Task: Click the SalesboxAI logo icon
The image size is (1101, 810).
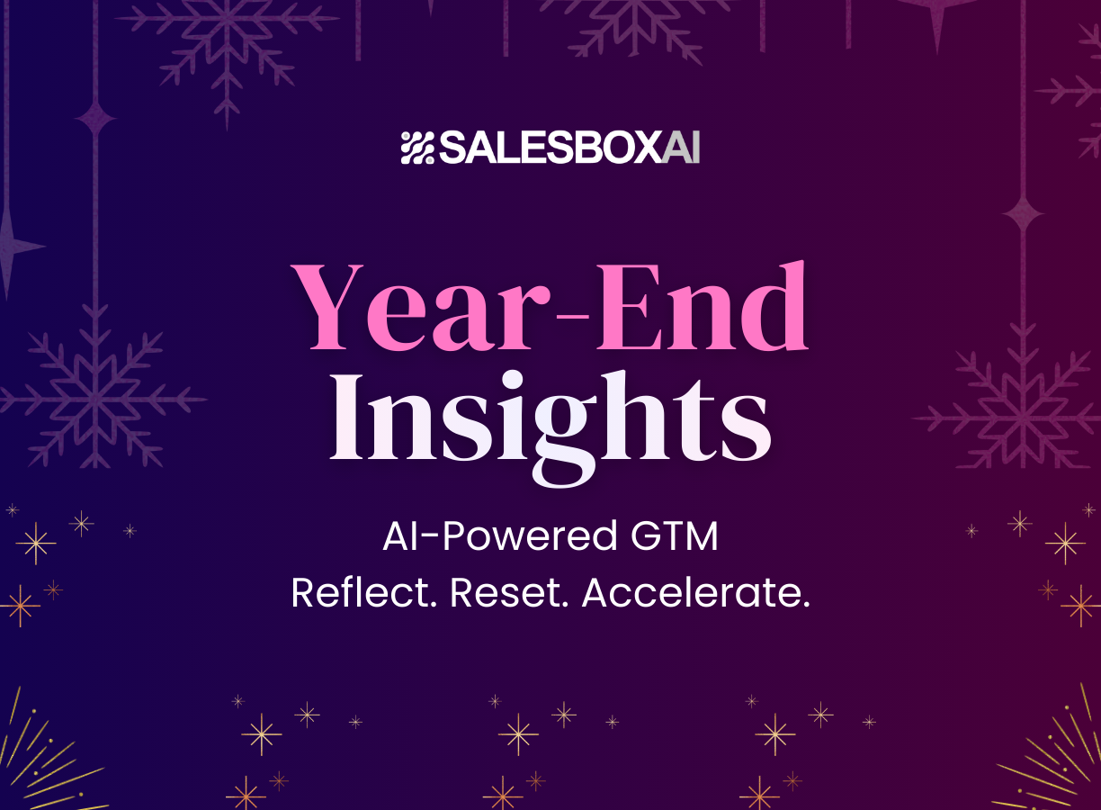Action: click(x=417, y=148)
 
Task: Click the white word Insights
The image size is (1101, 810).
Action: click(x=550, y=420)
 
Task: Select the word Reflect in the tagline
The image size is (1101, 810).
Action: click(x=363, y=593)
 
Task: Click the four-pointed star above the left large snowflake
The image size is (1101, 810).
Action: click(x=96, y=118)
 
